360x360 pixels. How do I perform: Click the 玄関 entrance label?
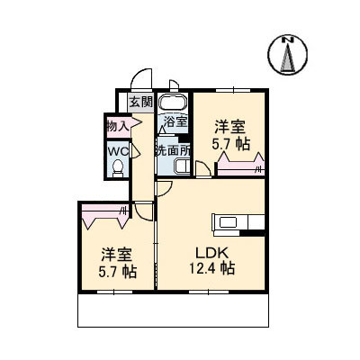141,103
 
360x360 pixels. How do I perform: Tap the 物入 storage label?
118,127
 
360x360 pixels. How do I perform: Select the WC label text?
118,151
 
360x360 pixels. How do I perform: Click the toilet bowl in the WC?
118,168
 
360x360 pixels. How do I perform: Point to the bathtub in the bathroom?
173,102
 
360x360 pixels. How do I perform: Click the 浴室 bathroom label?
175,121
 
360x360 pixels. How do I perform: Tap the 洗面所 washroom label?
173,151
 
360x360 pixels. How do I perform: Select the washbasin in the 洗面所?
183,166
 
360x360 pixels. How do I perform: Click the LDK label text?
212,254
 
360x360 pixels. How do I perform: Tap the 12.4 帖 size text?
211,268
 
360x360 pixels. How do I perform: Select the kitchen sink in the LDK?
228,222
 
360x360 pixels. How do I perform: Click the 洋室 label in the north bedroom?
229,127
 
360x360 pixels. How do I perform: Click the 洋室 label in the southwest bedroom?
117,255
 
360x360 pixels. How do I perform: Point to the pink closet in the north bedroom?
240,165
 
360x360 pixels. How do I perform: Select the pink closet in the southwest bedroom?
105,215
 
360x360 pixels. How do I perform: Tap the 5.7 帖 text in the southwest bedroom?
118,272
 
